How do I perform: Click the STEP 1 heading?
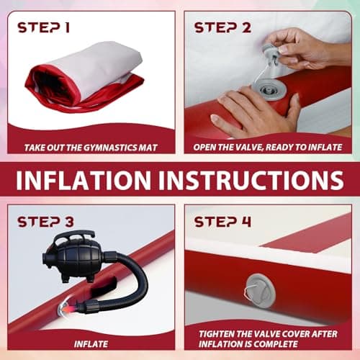43,27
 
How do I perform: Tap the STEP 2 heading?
222,27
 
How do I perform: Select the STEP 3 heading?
45,222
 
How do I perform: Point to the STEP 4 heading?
222,222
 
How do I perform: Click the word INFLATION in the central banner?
84,180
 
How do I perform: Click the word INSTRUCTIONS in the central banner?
251,180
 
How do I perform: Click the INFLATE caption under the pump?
91,344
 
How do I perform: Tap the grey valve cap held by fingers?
271,56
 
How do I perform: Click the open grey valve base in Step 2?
269,89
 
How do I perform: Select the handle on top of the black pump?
74,235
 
